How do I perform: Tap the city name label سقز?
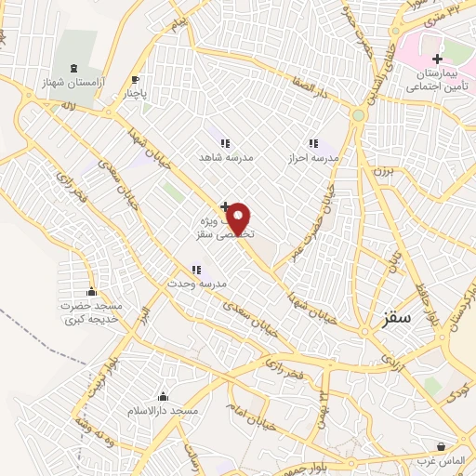396,318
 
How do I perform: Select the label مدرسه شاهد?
220,158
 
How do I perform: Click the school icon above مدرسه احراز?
313,144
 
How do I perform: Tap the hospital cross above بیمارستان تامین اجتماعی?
437,59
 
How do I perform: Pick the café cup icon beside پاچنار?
137,80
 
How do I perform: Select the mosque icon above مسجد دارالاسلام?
164,397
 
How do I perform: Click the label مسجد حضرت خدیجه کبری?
93,312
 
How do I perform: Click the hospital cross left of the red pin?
224,205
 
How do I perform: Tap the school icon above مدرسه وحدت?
197,270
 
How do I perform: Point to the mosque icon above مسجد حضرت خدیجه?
91,291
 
